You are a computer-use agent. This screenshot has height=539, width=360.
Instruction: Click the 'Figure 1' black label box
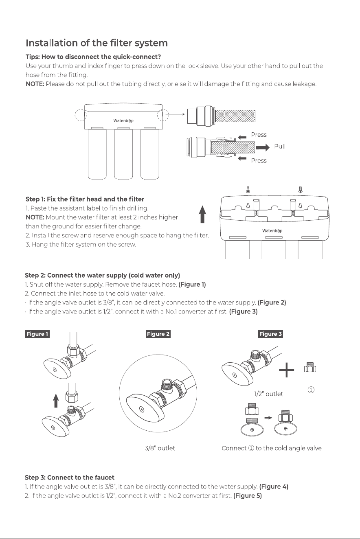click(x=37, y=334)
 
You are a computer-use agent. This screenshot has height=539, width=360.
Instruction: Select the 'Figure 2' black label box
click(x=158, y=334)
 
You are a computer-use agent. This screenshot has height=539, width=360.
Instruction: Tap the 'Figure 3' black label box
click(x=270, y=334)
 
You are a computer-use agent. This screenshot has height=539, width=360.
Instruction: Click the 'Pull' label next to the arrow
click(x=280, y=146)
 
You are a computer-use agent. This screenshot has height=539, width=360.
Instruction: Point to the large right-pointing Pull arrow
click(x=263, y=147)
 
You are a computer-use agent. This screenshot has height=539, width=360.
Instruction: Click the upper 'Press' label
click(x=259, y=135)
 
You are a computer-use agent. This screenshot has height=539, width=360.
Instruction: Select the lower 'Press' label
click(x=259, y=160)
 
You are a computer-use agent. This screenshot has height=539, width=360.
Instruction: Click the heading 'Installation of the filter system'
click(x=97, y=43)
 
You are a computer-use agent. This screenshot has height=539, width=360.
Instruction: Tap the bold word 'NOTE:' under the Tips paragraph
click(x=35, y=84)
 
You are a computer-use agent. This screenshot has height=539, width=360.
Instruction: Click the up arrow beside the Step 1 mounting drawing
click(x=203, y=214)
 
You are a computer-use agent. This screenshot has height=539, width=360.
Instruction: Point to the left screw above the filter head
click(x=248, y=190)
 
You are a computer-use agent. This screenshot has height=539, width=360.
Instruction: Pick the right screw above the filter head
click(x=300, y=190)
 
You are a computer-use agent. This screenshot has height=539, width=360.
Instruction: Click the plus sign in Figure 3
click(x=286, y=369)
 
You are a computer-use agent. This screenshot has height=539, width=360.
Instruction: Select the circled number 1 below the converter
click(x=311, y=390)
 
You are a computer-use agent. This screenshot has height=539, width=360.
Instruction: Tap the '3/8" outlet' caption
click(x=160, y=448)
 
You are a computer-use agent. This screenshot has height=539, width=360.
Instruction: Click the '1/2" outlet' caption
click(x=268, y=394)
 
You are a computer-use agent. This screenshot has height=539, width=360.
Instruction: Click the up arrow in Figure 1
click(x=56, y=401)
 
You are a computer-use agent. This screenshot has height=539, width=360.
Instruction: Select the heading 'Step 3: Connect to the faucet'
click(x=70, y=478)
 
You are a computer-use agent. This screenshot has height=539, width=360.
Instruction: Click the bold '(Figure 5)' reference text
click(x=248, y=496)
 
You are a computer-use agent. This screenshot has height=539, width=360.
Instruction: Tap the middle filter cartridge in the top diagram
click(x=123, y=154)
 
